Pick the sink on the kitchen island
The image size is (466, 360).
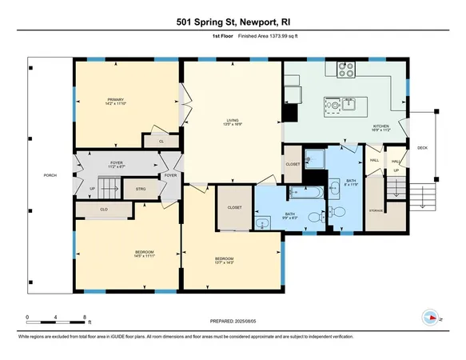point(349,102)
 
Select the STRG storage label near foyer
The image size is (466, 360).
point(141,190)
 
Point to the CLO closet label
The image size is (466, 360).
point(104,210)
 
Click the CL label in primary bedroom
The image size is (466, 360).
point(161,141)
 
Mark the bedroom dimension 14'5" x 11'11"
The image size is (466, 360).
point(145,257)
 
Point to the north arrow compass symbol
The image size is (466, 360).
point(430,316)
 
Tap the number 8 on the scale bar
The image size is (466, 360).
point(85,318)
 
